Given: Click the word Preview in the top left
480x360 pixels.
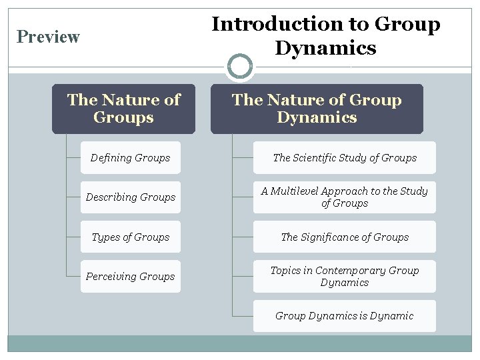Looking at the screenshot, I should coord(48,37).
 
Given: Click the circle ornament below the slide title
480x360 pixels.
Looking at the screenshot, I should coord(240,67).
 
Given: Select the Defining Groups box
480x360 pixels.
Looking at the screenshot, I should coord(131,158).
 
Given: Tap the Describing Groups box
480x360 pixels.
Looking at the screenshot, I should coord(131,197).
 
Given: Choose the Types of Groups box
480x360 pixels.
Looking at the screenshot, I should coord(131,237).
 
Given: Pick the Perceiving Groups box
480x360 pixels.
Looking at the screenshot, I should coord(131,277).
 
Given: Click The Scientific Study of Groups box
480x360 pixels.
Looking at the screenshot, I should coord(345,158).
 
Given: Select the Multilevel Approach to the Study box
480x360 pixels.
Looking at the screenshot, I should coord(345,197).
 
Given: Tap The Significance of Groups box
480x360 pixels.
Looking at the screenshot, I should coord(345,237).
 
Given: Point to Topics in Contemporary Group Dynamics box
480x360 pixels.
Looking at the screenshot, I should coord(345,277).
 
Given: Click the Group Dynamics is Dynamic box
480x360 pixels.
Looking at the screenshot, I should coord(345,316).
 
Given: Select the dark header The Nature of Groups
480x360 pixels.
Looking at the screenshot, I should coord(124,109).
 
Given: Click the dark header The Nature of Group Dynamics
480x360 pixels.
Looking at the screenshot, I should coord(317,109).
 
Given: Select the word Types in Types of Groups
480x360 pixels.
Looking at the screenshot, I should coord(105,237).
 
